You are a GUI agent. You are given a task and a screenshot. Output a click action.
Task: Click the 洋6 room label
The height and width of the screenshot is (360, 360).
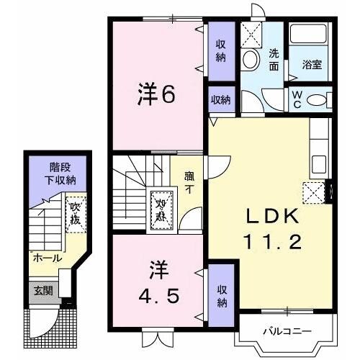(156, 96)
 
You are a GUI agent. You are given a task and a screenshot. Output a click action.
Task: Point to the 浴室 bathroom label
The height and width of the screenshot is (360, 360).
(312, 64)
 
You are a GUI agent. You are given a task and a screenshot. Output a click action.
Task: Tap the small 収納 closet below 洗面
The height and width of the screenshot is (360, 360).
(221, 99)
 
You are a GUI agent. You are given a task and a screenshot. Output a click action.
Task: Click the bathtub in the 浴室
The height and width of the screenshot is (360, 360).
(310, 36)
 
